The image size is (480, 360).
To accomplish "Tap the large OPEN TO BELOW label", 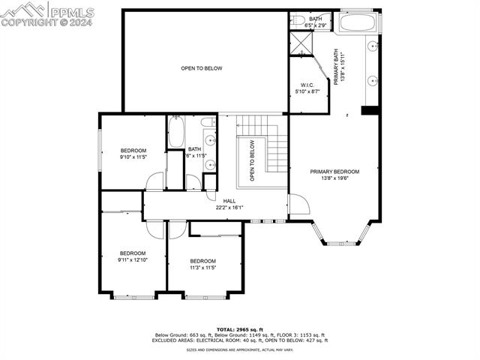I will pyautogui.click(x=201, y=68).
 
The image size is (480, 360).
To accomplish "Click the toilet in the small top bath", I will pyautogui.click(x=297, y=20).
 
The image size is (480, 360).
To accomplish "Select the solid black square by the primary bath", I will pyautogui.click(x=368, y=110).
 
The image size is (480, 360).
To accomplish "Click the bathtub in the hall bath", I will pyautogui.click(x=176, y=133).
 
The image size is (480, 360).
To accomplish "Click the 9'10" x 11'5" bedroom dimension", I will pyautogui.click(x=133, y=157).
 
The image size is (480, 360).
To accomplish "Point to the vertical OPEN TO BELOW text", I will pyautogui.click(x=253, y=161).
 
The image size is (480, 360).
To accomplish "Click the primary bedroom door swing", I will pyautogui.click(x=297, y=204).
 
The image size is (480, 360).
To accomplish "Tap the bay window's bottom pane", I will pyautogui.click(x=342, y=243).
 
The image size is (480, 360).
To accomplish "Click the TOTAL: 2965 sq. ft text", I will pyautogui.click(x=240, y=329).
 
